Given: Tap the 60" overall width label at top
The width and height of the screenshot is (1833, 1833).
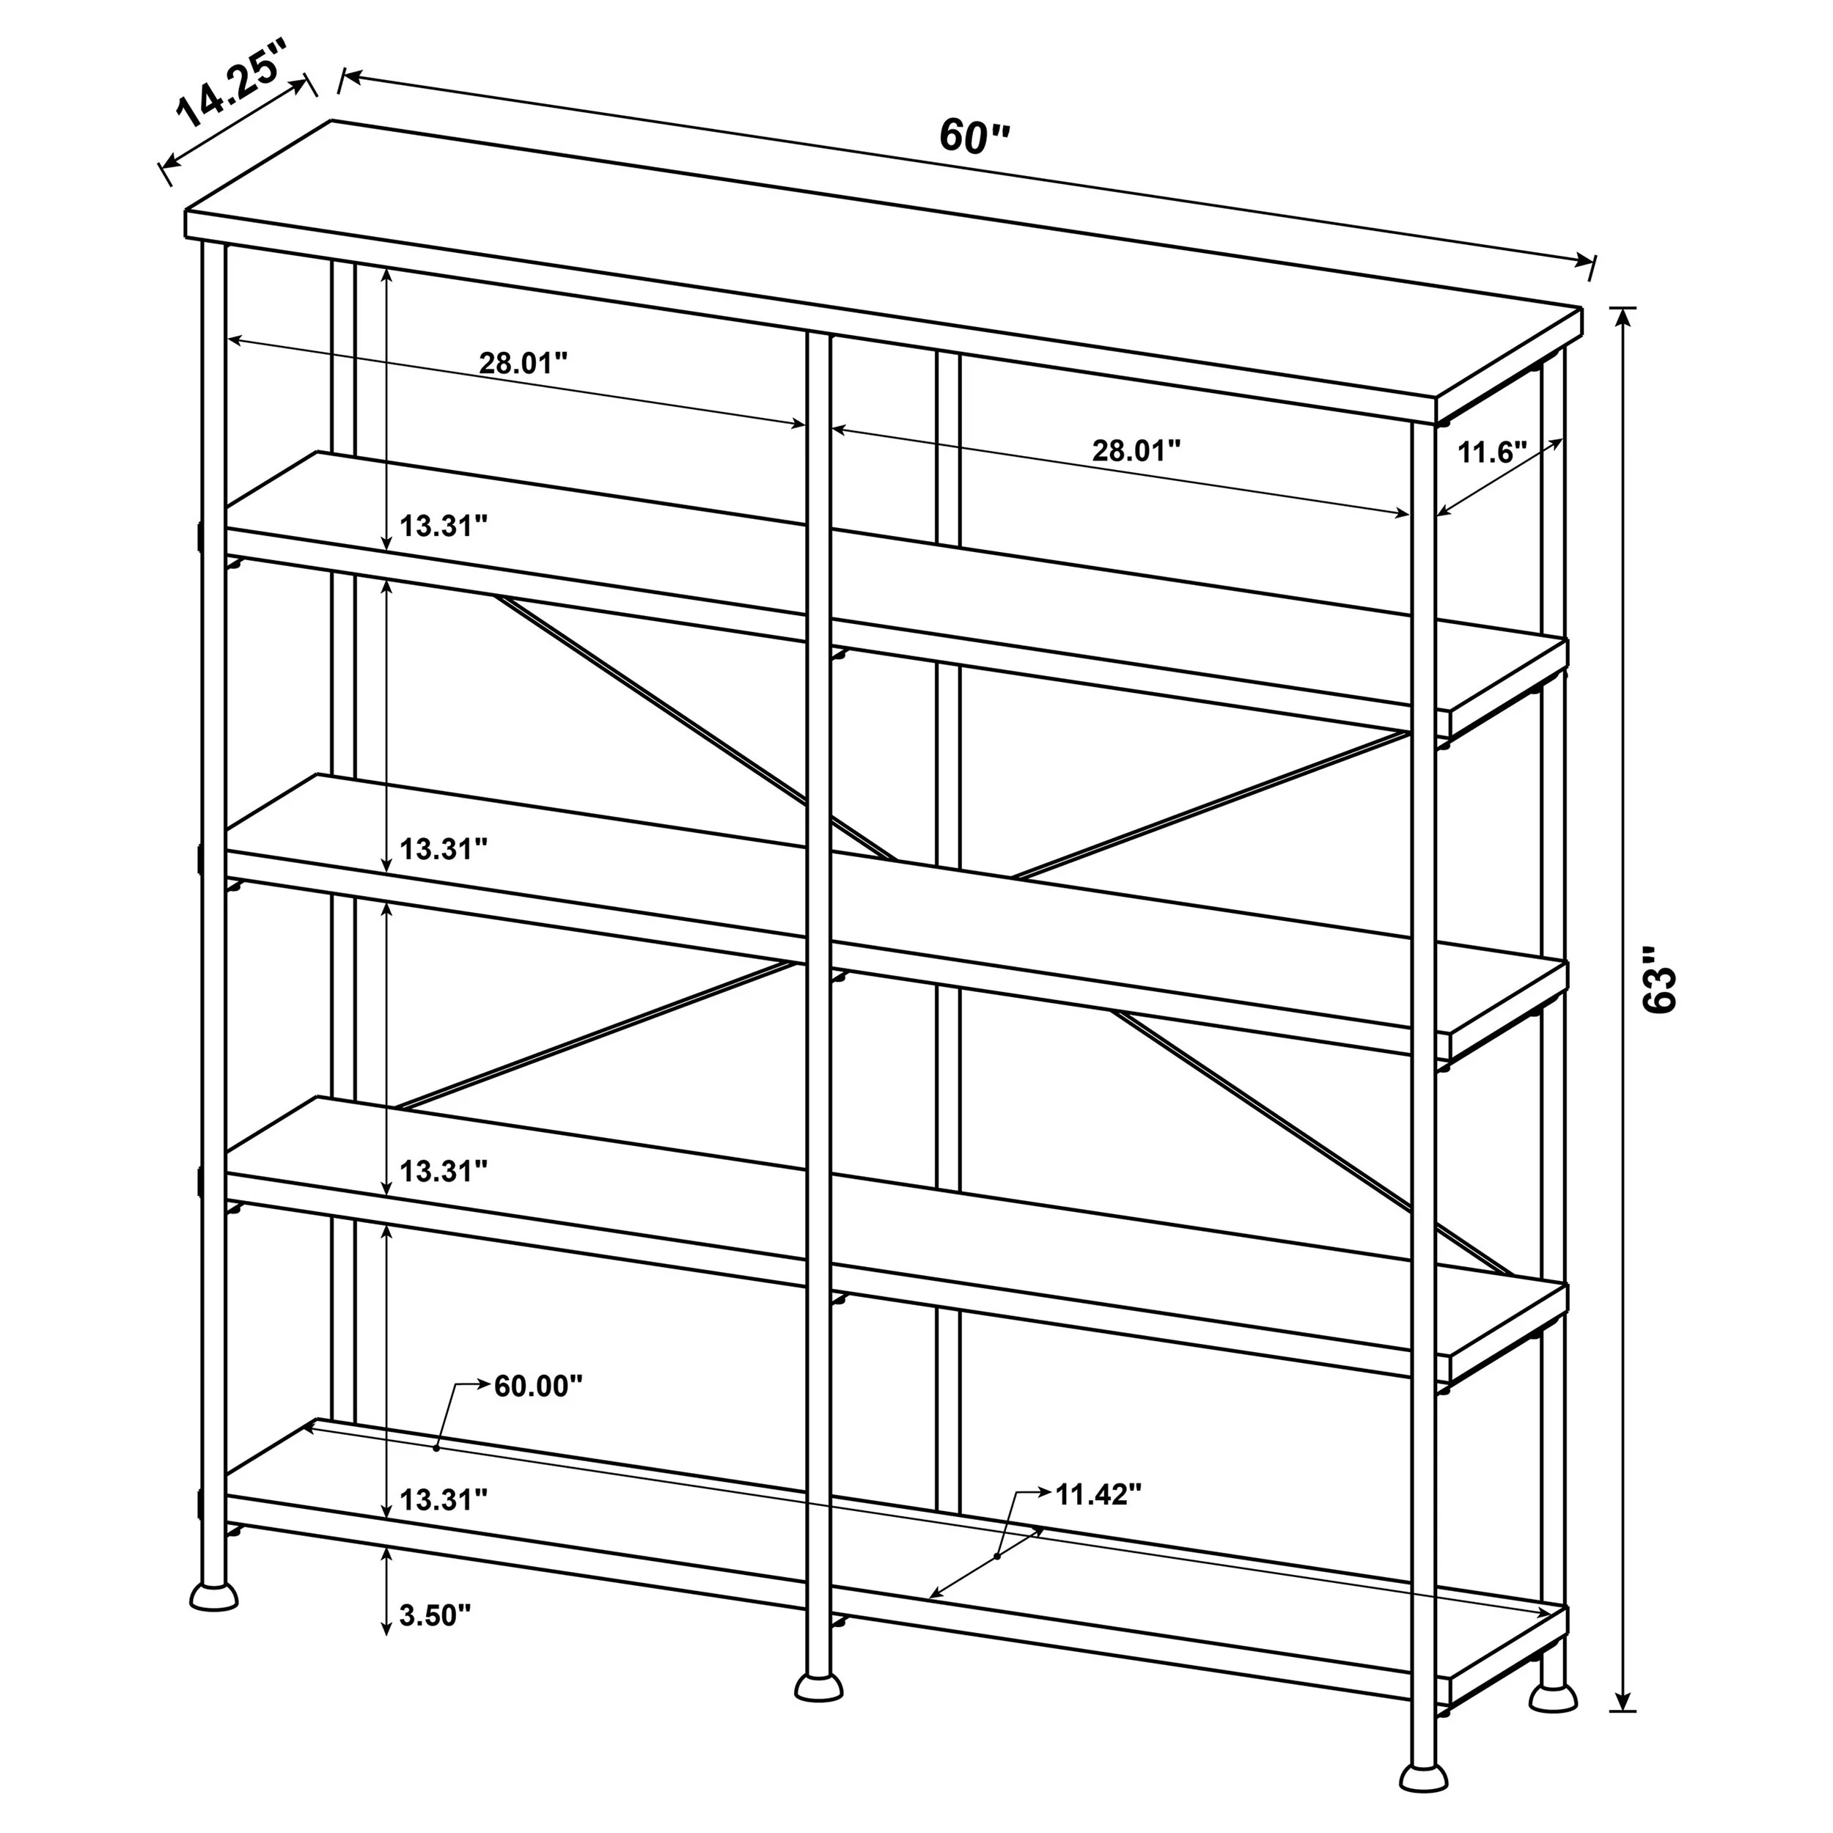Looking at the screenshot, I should pos(974,136).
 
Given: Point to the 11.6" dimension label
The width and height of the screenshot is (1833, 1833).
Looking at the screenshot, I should pos(1491,452).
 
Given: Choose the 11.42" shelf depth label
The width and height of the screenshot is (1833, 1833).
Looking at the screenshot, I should pos(1098,1494).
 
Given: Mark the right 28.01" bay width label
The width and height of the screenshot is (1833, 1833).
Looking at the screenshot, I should pos(1136,451).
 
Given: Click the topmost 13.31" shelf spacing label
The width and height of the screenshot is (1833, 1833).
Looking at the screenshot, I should pos(443,526).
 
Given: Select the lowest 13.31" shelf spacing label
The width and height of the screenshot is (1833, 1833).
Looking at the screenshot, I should pos(443,1500).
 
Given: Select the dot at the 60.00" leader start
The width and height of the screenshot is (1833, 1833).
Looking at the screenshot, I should pos(436,1448).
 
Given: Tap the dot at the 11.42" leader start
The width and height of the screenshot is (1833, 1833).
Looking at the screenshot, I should pos(998,1557).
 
